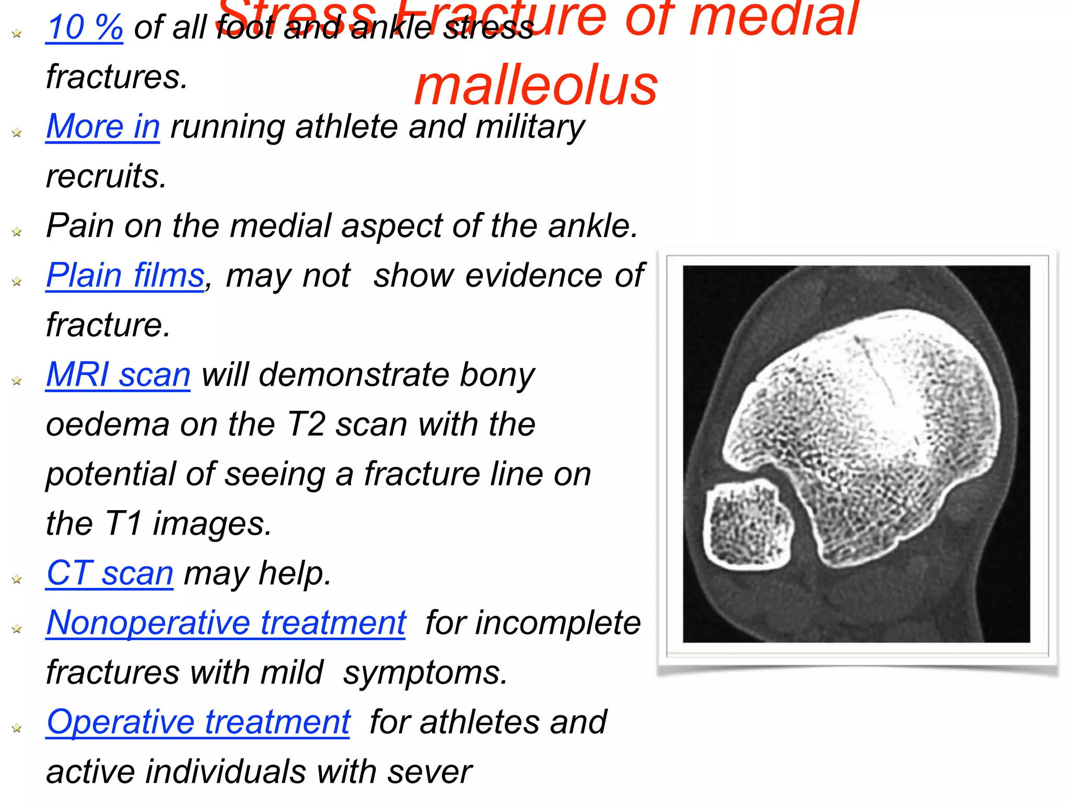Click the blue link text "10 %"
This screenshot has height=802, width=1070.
(x=84, y=28)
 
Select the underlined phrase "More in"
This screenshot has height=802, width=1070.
(x=103, y=127)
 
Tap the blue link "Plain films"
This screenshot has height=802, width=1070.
(x=125, y=276)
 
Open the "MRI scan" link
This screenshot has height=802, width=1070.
(x=118, y=375)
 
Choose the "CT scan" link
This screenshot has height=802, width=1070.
(x=110, y=573)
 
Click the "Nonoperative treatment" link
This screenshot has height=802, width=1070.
(x=226, y=623)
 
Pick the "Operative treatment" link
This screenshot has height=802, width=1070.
(x=198, y=722)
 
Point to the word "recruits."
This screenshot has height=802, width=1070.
(x=107, y=176)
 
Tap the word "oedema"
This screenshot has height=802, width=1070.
(x=108, y=424)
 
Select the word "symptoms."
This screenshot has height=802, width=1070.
(x=425, y=673)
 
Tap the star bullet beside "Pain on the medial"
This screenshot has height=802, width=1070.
(x=17, y=232)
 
